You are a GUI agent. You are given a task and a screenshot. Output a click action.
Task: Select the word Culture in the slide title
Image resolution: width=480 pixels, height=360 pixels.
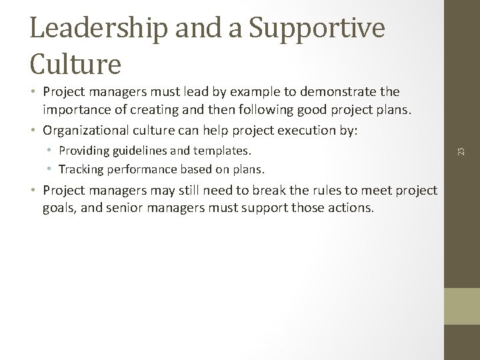coord(75,63)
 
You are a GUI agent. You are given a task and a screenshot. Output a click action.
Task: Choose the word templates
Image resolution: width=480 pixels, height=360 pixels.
coord(220,151)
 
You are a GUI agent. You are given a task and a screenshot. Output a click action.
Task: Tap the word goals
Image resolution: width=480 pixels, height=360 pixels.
coord(58,208)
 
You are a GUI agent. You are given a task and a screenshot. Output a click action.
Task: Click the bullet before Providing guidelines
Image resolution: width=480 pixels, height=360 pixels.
coord(52,151)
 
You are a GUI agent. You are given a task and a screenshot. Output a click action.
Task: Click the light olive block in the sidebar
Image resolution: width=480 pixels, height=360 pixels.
coord(461,306)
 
